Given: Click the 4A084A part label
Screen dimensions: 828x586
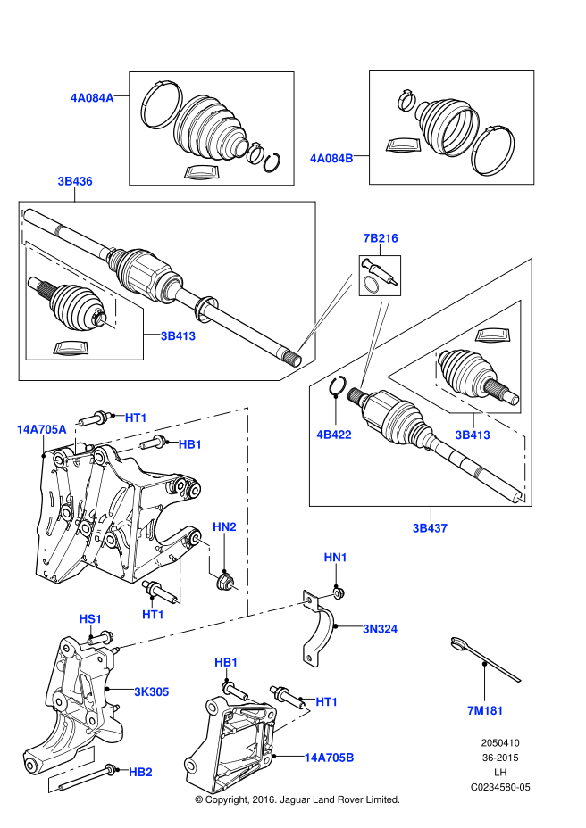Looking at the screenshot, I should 92,98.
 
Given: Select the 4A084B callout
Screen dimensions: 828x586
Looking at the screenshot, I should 331,159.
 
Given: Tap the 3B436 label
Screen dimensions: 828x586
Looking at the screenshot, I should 75,181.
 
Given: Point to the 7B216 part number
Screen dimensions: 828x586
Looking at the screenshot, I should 381,238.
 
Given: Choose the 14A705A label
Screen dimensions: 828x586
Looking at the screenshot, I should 41,429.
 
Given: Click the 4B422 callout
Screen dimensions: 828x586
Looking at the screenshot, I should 334,435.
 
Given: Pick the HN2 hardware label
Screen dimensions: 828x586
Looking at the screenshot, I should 224,527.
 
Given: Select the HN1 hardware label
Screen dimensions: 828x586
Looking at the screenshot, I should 336,558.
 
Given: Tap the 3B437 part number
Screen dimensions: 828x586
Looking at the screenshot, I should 430,528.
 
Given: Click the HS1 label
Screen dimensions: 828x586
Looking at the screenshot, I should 90,619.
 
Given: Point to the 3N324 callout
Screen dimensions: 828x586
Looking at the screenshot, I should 381,629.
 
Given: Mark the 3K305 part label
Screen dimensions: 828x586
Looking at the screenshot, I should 152,692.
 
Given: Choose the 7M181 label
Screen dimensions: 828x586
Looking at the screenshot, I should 485,711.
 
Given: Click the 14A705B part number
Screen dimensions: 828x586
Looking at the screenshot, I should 329,758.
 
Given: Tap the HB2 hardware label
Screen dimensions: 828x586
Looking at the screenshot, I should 140,773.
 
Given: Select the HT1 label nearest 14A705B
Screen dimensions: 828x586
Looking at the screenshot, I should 327,702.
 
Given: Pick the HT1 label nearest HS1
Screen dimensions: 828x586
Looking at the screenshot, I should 154,615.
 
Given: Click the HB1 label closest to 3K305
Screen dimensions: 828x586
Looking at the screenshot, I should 226,663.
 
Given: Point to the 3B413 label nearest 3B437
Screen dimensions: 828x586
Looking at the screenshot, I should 473,435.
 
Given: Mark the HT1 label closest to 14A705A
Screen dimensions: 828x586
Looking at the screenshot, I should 136,418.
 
